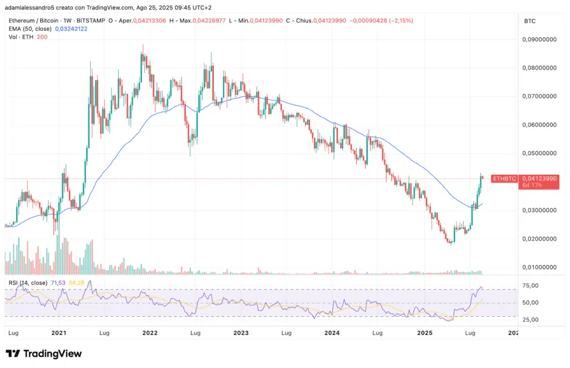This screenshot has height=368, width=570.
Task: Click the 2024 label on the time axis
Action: (x=332, y=333)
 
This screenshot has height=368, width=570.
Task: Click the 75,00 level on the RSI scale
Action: (x=531, y=286)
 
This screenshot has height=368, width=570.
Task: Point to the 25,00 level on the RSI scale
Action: (x=531, y=320)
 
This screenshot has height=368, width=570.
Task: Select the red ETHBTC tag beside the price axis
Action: (x=505, y=178)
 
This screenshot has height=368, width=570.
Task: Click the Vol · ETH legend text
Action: (x=20, y=36)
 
